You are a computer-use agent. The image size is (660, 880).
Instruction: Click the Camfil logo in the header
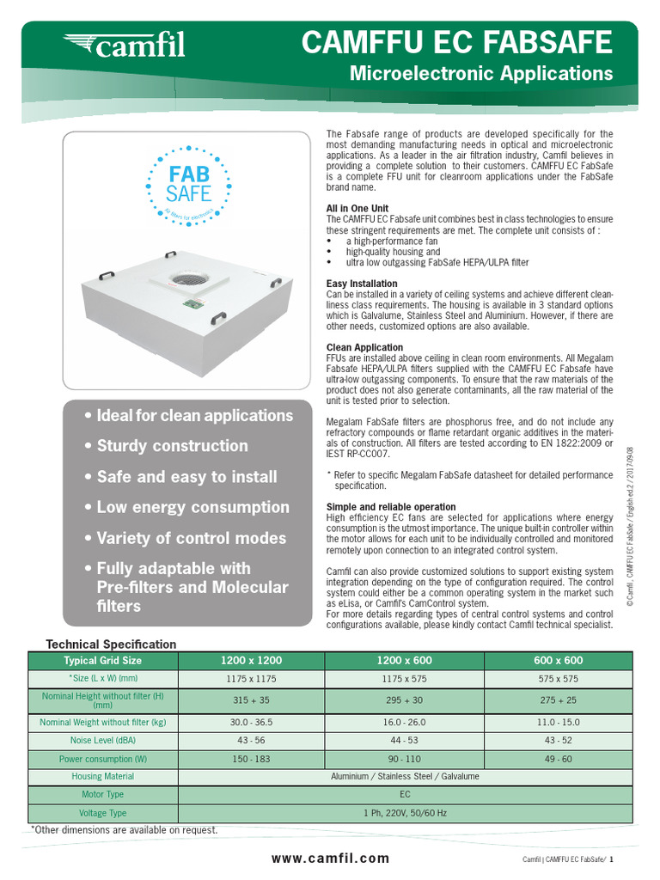pyautogui.click(x=125, y=44)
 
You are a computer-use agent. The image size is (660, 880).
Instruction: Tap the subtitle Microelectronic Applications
pyautogui.click(x=481, y=74)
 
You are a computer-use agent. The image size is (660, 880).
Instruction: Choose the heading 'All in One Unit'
pyautogui.click(x=357, y=209)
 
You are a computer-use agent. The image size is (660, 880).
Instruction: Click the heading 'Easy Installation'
pyautogui.click(x=362, y=284)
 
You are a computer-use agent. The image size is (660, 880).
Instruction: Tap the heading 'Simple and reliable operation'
pyautogui.click(x=391, y=507)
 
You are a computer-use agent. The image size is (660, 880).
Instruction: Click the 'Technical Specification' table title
pyautogui.click(x=111, y=644)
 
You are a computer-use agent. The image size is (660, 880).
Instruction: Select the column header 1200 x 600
pyautogui.click(x=405, y=660)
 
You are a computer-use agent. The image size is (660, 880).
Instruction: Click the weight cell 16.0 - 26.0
pyautogui.click(x=405, y=723)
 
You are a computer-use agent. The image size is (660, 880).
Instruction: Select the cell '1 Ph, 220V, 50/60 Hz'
pyautogui.click(x=405, y=813)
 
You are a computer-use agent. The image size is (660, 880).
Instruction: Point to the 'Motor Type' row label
pyautogui.click(x=102, y=795)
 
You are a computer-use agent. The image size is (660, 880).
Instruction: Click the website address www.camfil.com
pyautogui.click(x=330, y=858)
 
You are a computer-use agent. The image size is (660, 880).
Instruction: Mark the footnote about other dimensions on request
pyautogui.click(x=125, y=830)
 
